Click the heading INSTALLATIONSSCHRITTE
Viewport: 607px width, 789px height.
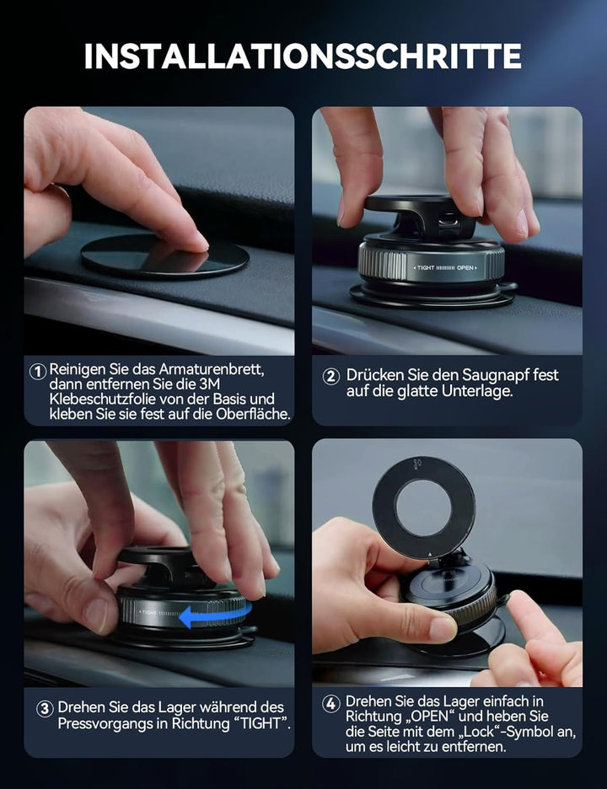(x=303, y=56)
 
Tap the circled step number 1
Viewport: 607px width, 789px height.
(x=38, y=371)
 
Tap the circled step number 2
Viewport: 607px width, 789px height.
(x=331, y=377)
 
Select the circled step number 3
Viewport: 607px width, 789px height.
(x=45, y=709)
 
